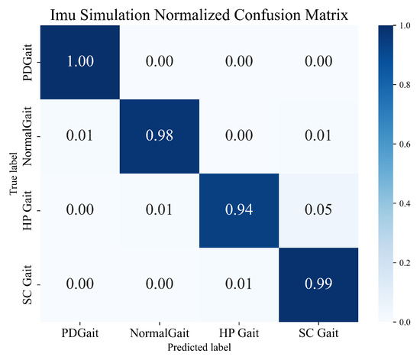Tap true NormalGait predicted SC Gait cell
(x=318, y=137)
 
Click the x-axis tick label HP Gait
(x=238, y=334)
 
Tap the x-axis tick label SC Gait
(x=318, y=334)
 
